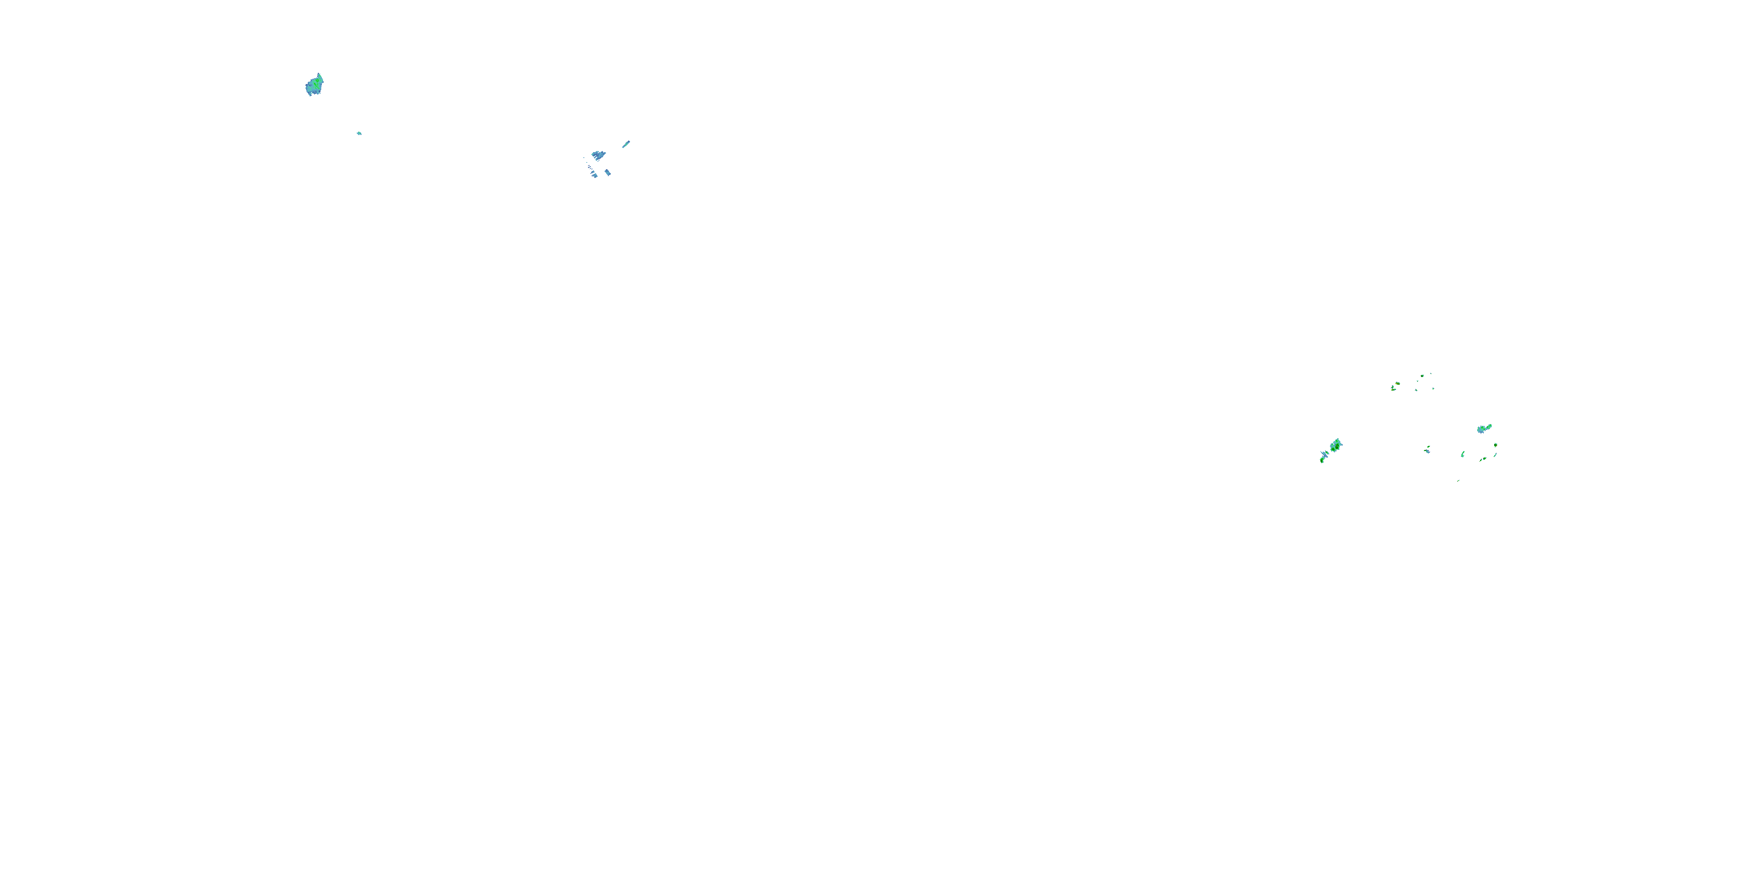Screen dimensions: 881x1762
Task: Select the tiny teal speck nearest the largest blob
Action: tap(359, 133)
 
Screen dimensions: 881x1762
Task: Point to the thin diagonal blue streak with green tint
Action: tap(626, 144)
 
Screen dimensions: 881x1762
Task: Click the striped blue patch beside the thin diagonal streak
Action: tap(598, 155)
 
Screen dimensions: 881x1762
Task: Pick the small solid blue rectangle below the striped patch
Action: tap(607, 172)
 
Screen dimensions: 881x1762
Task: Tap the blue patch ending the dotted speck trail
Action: tap(594, 175)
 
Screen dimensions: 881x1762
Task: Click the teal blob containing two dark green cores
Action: tap(1335, 446)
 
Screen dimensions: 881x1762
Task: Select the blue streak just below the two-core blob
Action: tap(1325, 453)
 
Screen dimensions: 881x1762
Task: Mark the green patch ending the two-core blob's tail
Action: tap(1321, 460)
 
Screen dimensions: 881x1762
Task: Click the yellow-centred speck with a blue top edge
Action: tap(1397, 384)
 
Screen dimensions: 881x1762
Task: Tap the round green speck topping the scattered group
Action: tap(1422, 375)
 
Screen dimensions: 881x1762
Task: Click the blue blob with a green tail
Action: tap(1483, 429)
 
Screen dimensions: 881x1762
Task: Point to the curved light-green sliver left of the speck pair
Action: tap(1462, 454)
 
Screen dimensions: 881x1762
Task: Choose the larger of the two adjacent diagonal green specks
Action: tap(1483, 459)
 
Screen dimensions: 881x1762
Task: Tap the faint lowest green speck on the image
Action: tap(1458, 480)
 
